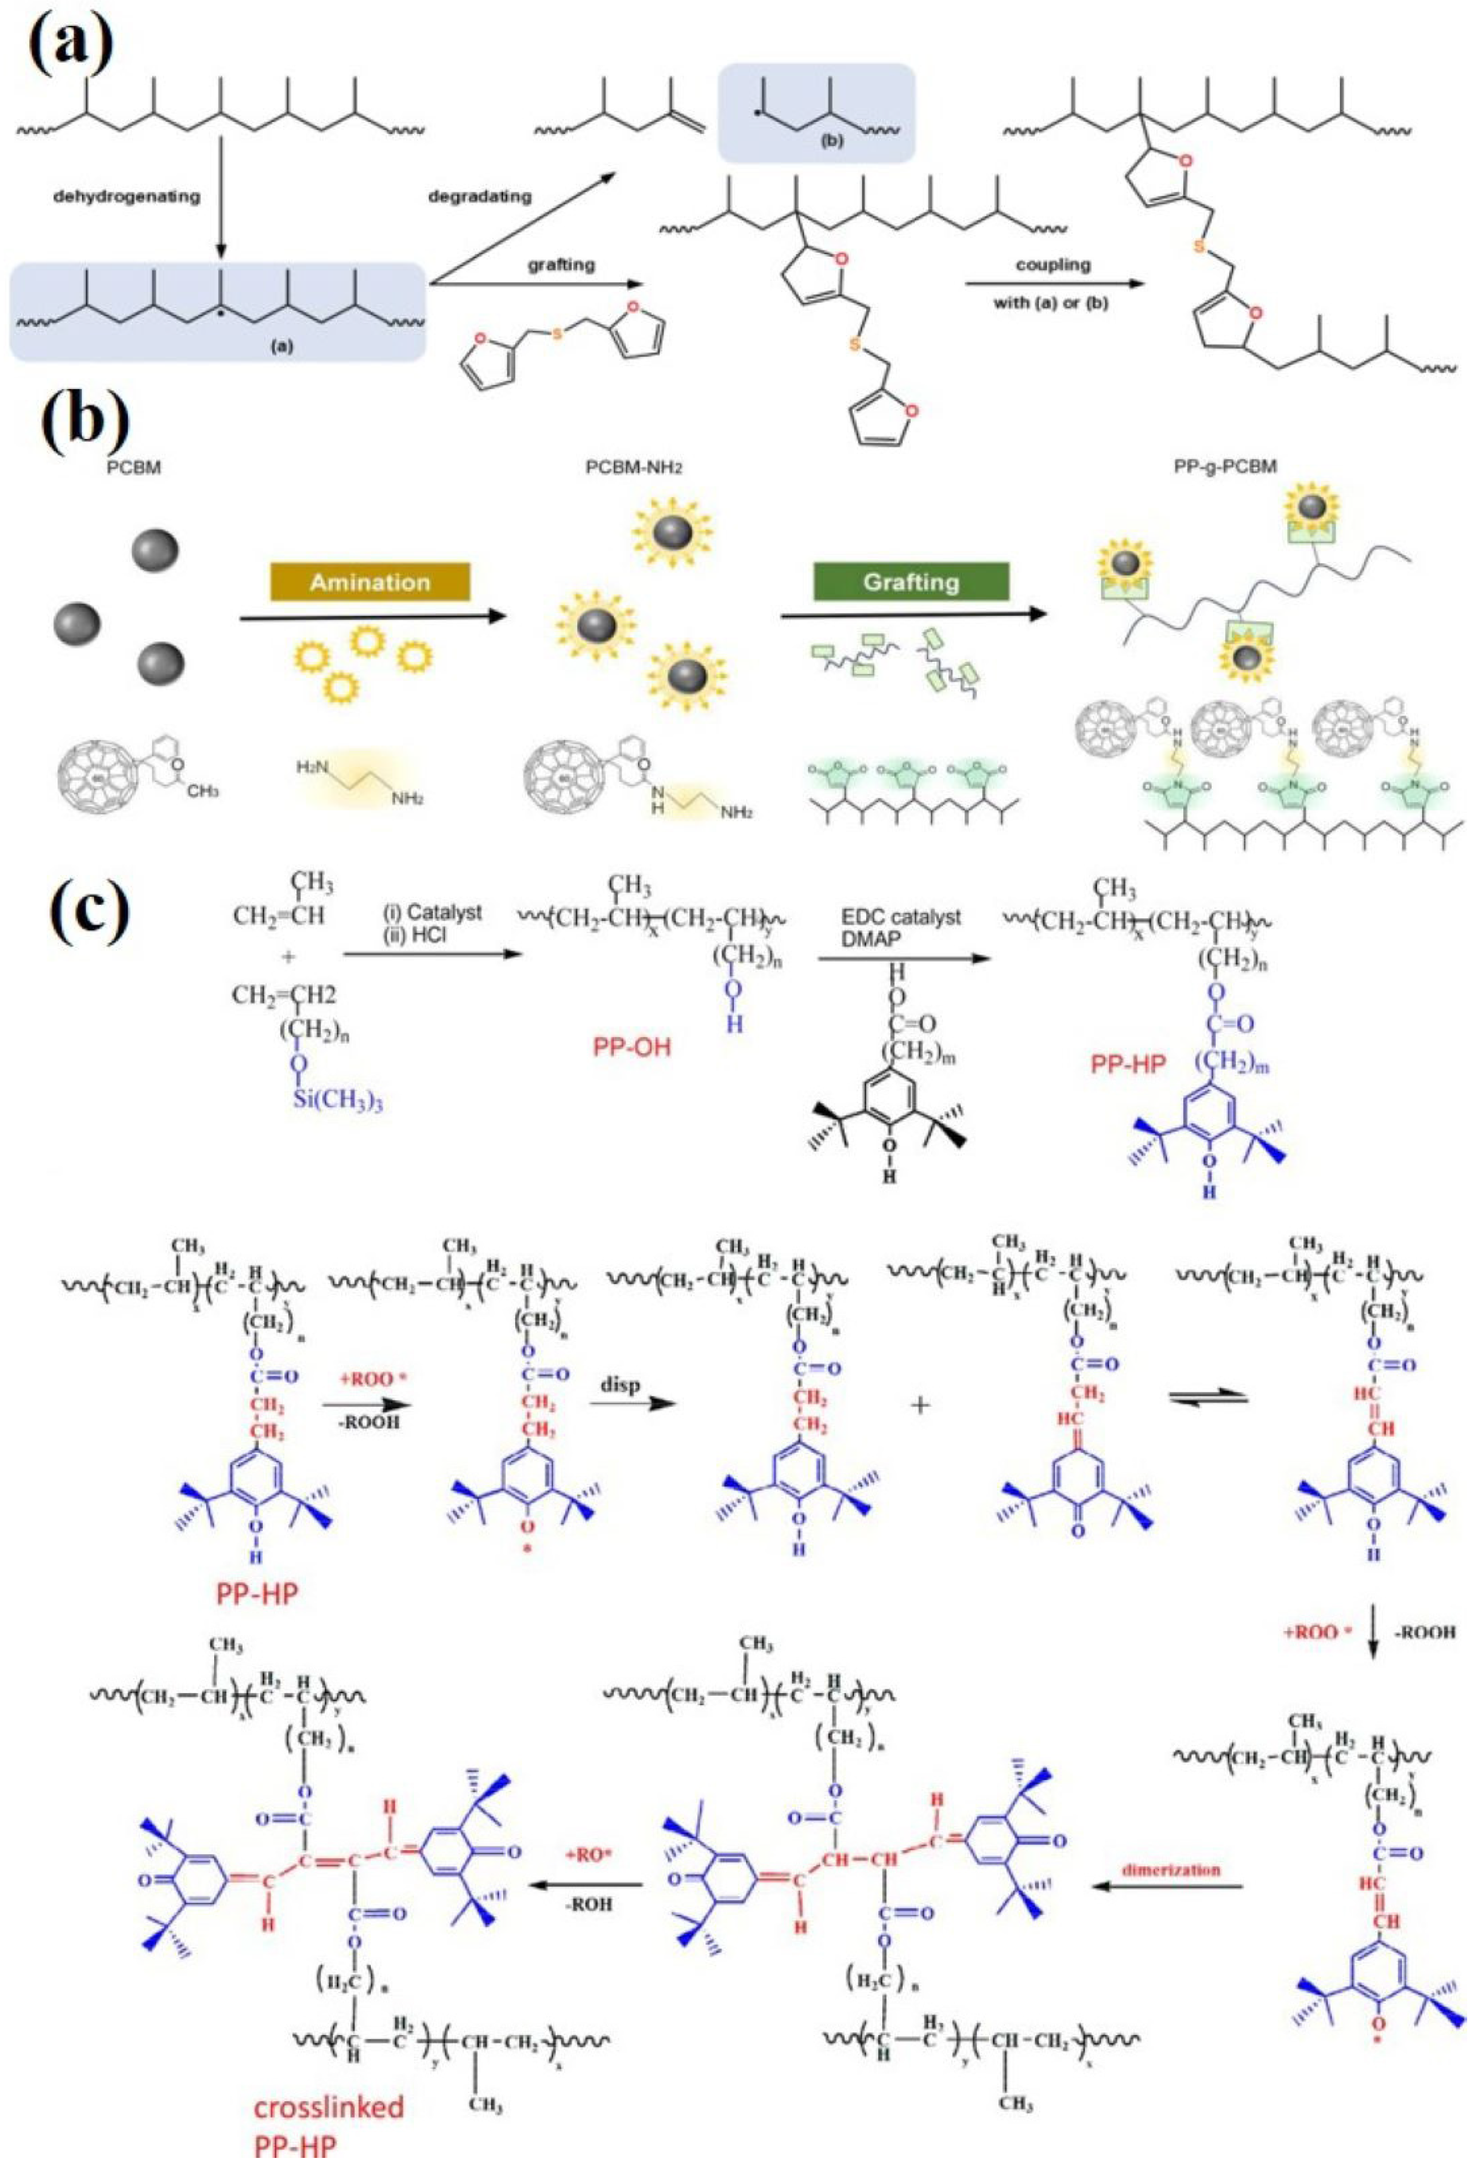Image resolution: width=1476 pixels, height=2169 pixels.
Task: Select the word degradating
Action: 480,197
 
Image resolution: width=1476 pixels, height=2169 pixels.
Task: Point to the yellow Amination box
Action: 370,582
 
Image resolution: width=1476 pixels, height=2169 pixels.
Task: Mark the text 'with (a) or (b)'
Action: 1055,302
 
